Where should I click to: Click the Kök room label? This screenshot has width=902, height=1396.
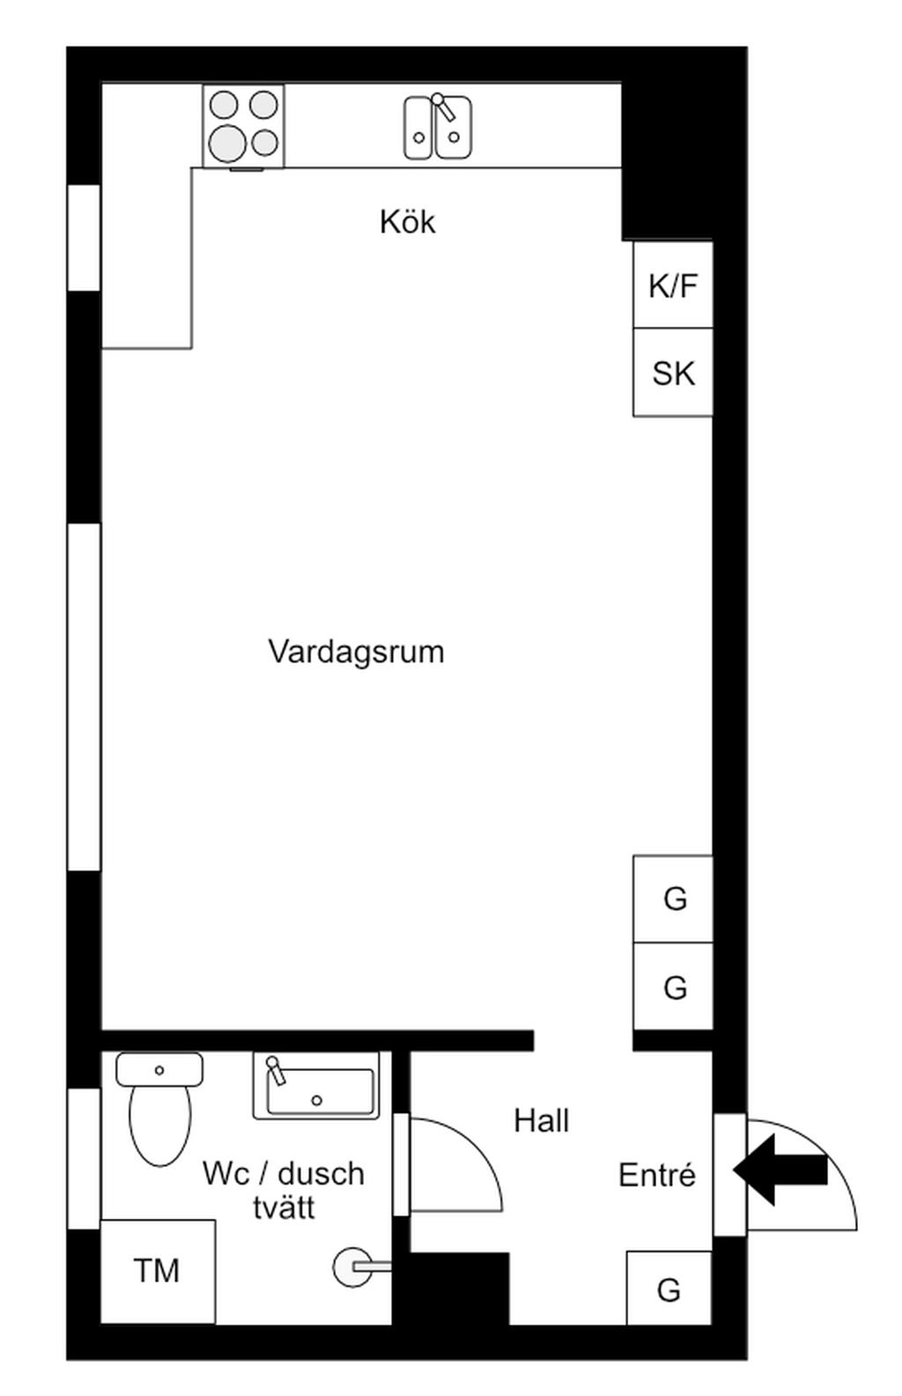(x=408, y=222)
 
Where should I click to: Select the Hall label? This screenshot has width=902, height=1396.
(x=542, y=1121)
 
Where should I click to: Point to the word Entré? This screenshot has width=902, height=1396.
(x=657, y=1175)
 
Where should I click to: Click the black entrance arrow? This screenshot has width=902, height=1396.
(x=780, y=1170)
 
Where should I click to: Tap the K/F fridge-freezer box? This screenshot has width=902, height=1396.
(x=673, y=284)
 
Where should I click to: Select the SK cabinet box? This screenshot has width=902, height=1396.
(x=673, y=372)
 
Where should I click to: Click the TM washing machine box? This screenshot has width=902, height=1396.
(x=158, y=1271)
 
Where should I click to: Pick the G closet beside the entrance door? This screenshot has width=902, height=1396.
(x=669, y=1288)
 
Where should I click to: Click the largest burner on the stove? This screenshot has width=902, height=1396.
(x=227, y=143)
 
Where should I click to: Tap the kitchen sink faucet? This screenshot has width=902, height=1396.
(x=443, y=107)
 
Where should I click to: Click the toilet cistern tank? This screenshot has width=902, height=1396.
(x=159, y=1069)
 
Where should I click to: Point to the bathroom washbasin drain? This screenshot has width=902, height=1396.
(x=316, y=1101)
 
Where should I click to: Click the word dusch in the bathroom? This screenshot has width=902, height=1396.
(x=321, y=1174)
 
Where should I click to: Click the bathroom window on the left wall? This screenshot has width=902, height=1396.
(x=85, y=1159)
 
